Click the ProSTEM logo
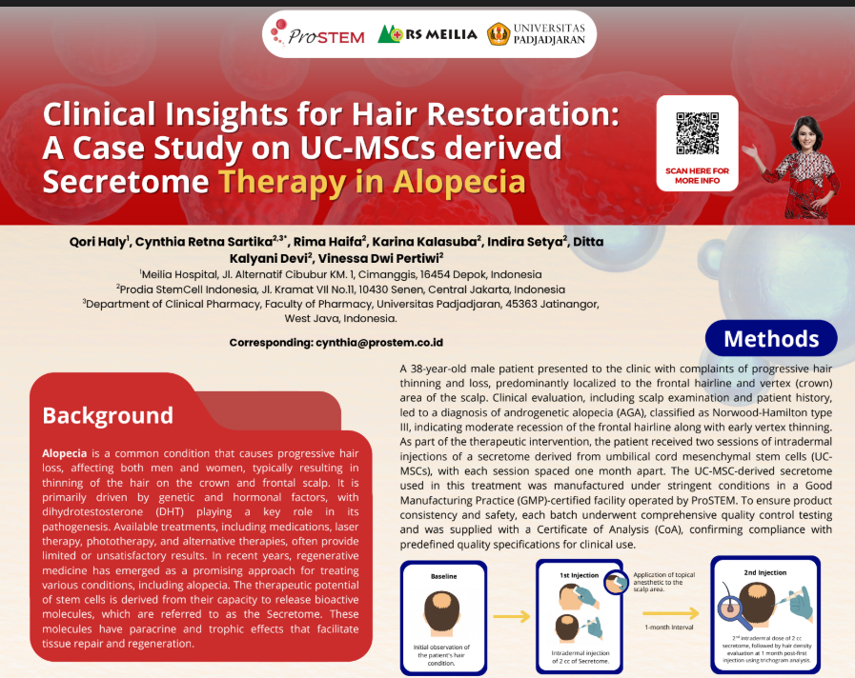click(x=318, y=33)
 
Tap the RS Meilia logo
click(x=427, y=34)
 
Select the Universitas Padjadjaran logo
click(x=536, y=33)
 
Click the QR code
click(x=698, y=133)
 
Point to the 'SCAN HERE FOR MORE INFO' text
click(x=697, y=175)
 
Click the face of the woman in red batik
click(x=805, y=136)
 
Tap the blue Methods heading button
click(x=771, y=339)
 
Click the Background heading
click(x=108, y=415)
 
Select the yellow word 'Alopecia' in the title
click(x=459, y=182)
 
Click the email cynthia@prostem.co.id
click(x=379, y=343)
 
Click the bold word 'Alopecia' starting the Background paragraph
click(x=65, y=453)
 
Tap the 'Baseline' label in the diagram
click(x=444, y=576)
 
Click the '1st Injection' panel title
click(x=580, y=575)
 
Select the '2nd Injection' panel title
click(x=765, y=572)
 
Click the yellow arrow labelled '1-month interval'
click(x=670, y=613)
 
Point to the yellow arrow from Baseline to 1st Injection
click(x=512, y=616)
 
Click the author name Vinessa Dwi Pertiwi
click(x=379, y=258)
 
